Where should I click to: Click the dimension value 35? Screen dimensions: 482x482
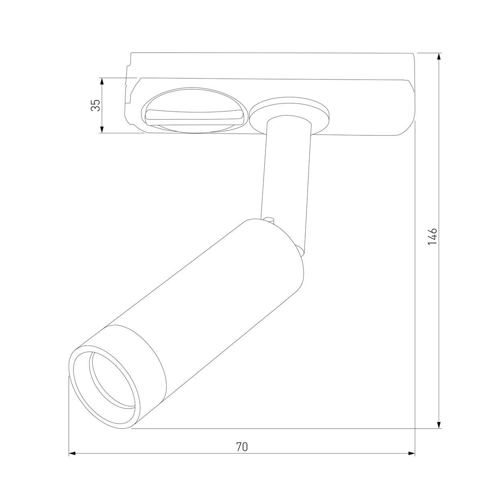(95, 106)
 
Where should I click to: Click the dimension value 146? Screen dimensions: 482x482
(432, 237)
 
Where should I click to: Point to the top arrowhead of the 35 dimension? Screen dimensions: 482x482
(102, 82)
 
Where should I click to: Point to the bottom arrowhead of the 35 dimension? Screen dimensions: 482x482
(102, 129)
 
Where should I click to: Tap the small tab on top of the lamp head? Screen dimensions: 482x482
(269, 219)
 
